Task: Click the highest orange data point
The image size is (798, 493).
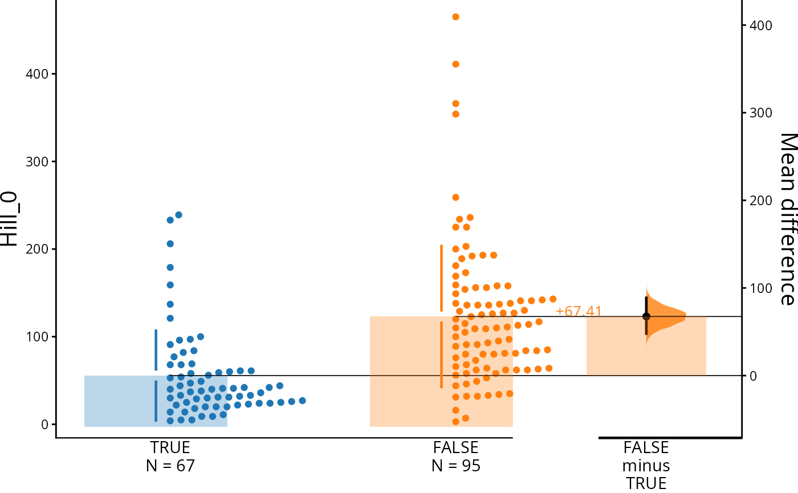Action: pos(455,17)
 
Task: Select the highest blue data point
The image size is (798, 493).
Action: pos(178,215)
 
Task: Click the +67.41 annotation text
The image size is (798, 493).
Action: pos(579,311)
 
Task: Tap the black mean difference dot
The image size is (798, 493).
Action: pos(646,316)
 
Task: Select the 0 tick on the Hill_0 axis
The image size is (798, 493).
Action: pos(44,425)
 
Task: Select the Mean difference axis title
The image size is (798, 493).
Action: pos(787,219)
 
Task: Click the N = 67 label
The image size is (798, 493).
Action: pos(170,466)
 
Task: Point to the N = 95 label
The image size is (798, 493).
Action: pos(455,466)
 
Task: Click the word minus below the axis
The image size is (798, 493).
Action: pos(646,466)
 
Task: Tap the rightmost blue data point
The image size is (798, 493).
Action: pos(302,401)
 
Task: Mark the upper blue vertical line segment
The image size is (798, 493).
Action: pos(156,350)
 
